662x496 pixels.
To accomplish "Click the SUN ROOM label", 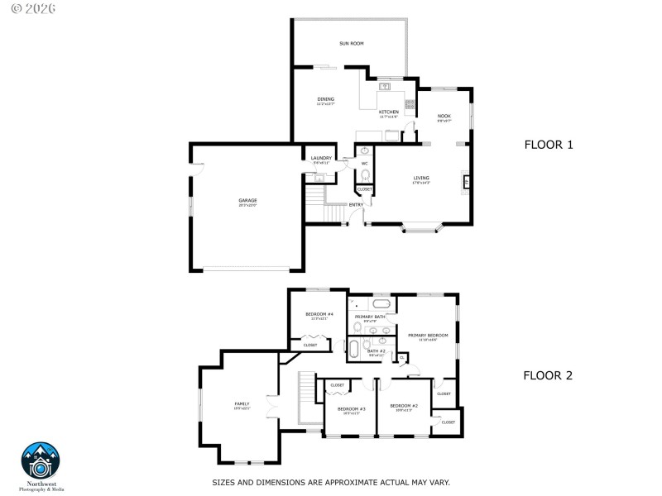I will (351, 43).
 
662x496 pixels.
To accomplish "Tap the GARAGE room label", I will (247, 200).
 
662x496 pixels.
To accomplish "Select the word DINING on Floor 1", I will (325, 99).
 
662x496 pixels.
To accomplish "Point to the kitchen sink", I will (385, 86).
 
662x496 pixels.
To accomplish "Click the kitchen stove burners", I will (409, 103).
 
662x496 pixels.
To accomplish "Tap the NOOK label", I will (444, 116).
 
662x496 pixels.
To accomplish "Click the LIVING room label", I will (421, 177).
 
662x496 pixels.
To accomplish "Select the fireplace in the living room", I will (466, 182).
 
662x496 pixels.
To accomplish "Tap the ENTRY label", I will (356, 204).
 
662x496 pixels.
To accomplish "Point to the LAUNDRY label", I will (321, 158).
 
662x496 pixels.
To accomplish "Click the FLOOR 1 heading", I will (549, 145).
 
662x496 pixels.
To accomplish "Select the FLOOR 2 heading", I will (549, 374).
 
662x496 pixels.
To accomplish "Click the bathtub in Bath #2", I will (354, 350).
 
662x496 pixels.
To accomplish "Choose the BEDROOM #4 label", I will (319, 314).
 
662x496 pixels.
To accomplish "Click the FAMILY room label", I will (242, 403).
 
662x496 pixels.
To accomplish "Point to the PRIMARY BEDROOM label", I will (428, 335).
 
